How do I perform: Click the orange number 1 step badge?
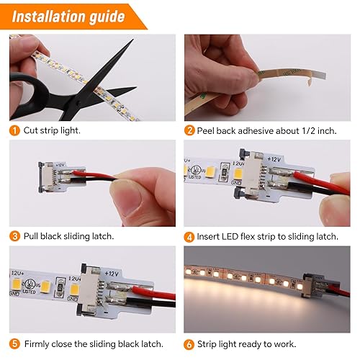[14, 131]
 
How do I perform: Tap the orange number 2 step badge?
[189, 131]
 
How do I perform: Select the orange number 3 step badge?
[14, 236]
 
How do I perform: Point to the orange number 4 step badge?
[189, 237]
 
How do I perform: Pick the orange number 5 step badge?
[14, 344]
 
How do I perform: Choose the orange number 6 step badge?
[189, 345]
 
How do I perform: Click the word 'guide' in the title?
[107, 17]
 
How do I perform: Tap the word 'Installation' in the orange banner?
[49, 17]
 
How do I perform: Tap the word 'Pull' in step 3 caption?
[31, 236]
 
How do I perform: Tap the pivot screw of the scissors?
[78, 104]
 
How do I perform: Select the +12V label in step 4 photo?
[274, 159]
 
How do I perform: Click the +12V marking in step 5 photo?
[112, 274]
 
